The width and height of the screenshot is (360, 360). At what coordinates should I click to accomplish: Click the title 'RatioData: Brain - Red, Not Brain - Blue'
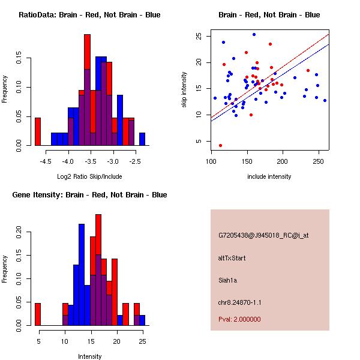(89, 14)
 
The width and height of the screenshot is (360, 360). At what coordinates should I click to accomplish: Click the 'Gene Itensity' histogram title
(89, 194)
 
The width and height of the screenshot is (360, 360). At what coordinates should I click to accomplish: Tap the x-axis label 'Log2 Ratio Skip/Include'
(89, 176)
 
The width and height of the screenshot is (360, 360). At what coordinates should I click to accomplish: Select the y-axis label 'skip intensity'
(185, 89)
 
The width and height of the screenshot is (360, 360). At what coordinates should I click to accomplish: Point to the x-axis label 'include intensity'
(269, 176)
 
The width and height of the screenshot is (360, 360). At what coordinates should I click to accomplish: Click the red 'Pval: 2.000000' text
(239, 319)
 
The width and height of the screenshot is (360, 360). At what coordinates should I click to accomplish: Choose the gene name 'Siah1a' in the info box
(229, 279)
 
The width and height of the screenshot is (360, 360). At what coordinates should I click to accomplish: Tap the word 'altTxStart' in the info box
(232, 258)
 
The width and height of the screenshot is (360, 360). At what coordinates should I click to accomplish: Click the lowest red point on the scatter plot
(220, 145)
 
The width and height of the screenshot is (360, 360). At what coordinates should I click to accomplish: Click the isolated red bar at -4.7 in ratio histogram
(38, 131)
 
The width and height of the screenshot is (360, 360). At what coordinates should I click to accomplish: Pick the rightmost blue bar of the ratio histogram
(142, 139)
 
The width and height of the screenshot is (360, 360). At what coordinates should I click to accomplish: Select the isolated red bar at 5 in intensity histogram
(38, 314)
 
